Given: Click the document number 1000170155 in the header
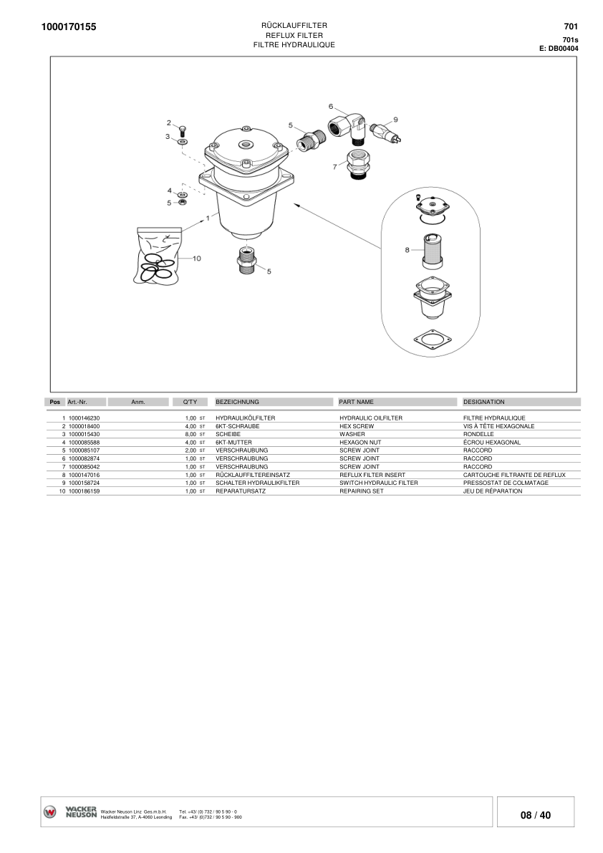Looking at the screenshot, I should point(69,27).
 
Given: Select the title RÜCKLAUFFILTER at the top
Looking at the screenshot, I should point(294,26).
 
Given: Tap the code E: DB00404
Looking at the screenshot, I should point(559,49).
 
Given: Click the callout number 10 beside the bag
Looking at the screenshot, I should point(197,258).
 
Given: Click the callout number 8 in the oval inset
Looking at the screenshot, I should point(407,250).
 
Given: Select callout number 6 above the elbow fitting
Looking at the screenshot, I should point(331,106).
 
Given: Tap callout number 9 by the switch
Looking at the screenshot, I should point(395,119).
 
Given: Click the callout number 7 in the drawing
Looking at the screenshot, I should point(334,166).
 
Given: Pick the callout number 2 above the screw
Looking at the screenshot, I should point(169,122).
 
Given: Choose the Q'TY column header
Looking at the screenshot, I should point(190,402).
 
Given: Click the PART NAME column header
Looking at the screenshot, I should point(356,402).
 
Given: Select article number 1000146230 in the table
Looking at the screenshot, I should point(84,418).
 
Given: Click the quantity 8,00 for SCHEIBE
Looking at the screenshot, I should point(190,434).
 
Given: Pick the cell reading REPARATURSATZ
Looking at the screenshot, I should point(241,491).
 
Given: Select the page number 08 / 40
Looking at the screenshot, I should point(536,815).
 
